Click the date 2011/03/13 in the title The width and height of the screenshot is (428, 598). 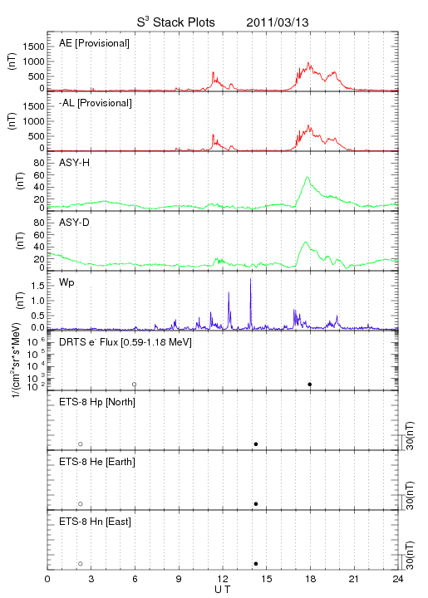(x=278, y=22)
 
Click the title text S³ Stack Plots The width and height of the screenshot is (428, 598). (x=176, y=22)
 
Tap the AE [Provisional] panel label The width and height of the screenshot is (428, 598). (x=94, y=43)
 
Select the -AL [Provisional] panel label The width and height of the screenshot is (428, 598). (x=96, y=103)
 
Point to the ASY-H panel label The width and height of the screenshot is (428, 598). (x=75, y=163)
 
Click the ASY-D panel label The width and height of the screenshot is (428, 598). (x=75, y=223)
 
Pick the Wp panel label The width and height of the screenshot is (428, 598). (x=66, y=282)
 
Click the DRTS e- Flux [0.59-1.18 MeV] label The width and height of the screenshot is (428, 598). (x=125, y=342)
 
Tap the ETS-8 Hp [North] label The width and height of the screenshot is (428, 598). (x=97, y=402)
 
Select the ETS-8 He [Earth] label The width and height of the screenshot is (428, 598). (x=97, y=462)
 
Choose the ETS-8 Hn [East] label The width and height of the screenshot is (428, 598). (x=95, y=522)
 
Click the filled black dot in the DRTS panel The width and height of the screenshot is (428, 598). (x=310, y=385)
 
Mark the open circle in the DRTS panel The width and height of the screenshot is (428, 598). (x=135, y=385)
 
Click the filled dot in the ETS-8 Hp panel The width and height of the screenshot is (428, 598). (x=256, y=444)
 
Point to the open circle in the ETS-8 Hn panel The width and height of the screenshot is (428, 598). (x=81, y=564)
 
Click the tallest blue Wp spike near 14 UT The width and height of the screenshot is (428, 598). (x=250, y=279)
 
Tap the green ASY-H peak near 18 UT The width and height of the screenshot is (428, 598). (x=307, y=177)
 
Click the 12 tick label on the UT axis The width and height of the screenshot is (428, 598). (x=223, y=579)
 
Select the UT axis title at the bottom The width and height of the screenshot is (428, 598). (x=223, y=590)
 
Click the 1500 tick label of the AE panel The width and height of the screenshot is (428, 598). (x=33, y=47)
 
